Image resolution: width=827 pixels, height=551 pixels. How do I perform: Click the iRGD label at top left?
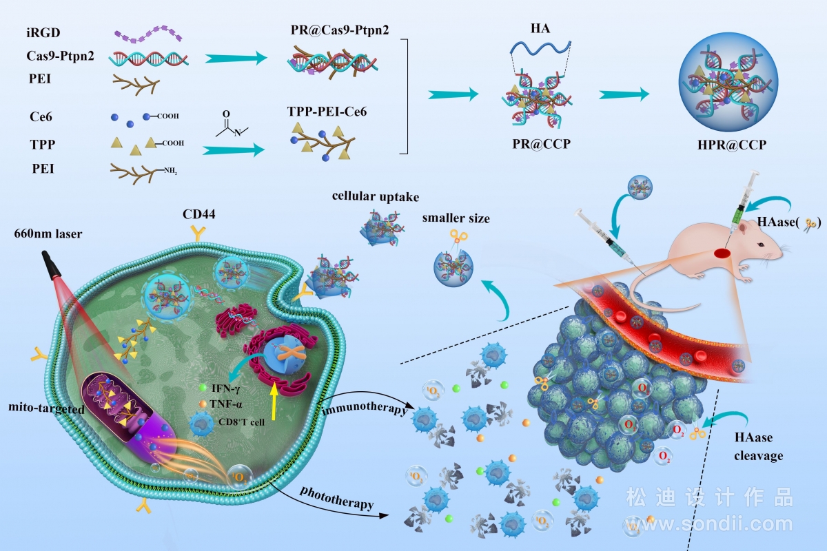coord(43,32)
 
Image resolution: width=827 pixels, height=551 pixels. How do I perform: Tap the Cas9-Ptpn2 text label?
coord(60,56)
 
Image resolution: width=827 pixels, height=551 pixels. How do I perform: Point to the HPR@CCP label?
coord(732,145)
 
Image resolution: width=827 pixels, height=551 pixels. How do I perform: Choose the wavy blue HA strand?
coord(540,49)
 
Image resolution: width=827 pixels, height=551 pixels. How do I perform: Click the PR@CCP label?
coord(541,143)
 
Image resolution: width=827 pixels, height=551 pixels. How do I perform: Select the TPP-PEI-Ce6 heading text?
coord(327,111)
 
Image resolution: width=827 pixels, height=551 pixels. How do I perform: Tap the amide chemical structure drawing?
coord(232,124)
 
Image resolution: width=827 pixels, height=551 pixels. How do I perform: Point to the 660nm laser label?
coord(48,233)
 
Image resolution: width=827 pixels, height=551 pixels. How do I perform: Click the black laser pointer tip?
coord(51,264)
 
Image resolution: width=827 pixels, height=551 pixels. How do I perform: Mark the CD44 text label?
coord(198,214)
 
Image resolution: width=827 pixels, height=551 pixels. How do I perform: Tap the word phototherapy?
coord(337,497)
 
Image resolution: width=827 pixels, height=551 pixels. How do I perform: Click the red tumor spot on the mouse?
coord(722,253)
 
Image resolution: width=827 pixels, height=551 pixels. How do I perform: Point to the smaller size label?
coord(456,218)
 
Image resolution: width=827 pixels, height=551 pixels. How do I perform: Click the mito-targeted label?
coord(47,408)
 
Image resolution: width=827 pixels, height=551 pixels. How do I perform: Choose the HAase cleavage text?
coord(758,446)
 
